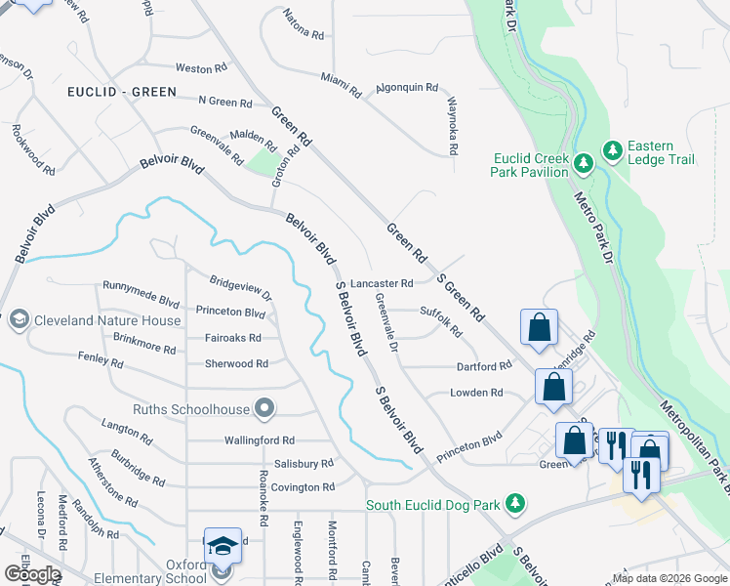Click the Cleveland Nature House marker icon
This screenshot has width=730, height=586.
click(19, 320)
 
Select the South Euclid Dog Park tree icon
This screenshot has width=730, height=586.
click(516, 505)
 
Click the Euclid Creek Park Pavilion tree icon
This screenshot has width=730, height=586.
click(583, 163)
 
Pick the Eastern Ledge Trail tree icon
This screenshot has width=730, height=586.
click(612, 150)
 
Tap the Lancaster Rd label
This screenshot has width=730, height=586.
click(382, 283)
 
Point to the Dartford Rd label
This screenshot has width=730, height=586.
click(484, 366)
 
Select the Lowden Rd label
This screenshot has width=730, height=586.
click(475, 393)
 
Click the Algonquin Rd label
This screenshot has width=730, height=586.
click(407, 87)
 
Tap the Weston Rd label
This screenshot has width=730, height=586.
click(200, 68)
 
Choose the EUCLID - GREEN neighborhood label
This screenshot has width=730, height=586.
click(122, 92)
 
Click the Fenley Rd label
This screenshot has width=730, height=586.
click(101, 361)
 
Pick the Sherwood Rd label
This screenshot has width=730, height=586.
click(236, 363)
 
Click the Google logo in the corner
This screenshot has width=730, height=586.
click(31, 574)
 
